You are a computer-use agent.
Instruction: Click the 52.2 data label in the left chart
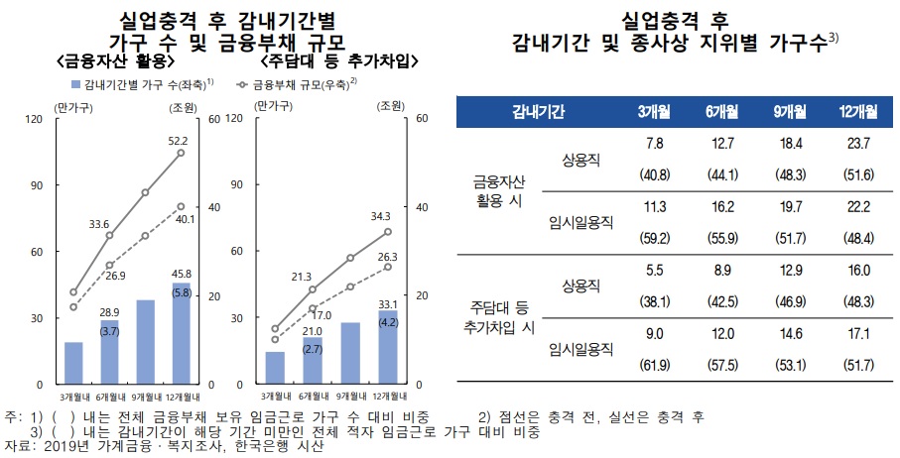178,141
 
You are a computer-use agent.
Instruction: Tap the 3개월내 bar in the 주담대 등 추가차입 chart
275,367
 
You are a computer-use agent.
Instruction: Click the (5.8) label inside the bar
181,292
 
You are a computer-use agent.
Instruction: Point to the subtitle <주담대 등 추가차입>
326,61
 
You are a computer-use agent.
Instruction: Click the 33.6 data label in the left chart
98,224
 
